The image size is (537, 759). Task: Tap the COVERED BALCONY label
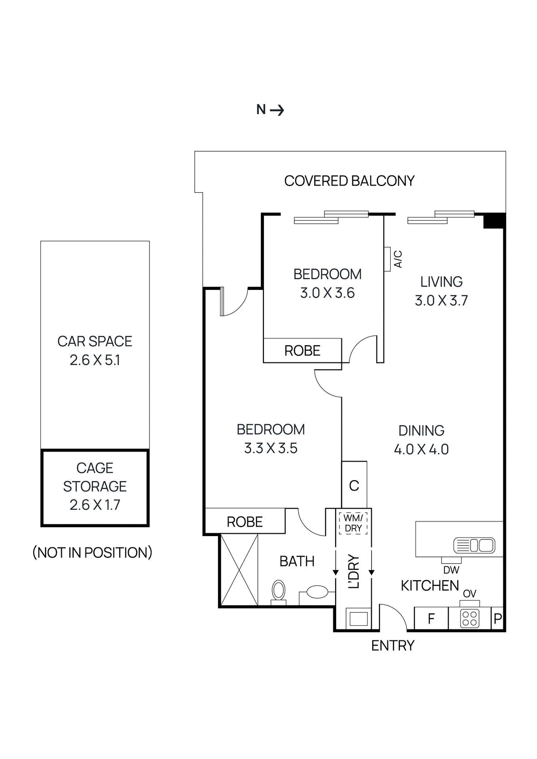click(x=349, y=181)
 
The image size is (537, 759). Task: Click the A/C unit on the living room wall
click(x=387, y=259)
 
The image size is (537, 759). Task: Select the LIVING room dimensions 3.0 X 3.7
click(x=441, y=301)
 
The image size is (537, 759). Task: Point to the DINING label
click(x=421, y=430)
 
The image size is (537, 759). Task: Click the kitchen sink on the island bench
click(x=474, y=545)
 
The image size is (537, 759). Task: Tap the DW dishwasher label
click(x=451, y=570)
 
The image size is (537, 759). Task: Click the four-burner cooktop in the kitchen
click(x=470, y=619)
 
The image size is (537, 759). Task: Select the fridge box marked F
click(x=431, y=619)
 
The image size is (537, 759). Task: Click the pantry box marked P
click(x=498, y=619)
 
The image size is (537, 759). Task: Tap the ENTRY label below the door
click(x=393, y=646)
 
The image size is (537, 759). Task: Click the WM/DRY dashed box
click(x=353, y=523)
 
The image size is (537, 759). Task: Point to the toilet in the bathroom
click(x=279, y=592)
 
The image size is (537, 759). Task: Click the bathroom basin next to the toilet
click(x=317, y=592)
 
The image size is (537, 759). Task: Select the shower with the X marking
click(x=239, y=570)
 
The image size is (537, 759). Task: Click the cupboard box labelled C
click(x=354, y=485)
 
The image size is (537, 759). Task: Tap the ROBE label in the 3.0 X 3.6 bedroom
click(x=302, y=351)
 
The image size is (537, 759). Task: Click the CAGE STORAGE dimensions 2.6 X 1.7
click(x=95, y=505)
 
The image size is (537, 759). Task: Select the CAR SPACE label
click(x=95, y=341)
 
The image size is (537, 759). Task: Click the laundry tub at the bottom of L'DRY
click(x=358, y=619)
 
